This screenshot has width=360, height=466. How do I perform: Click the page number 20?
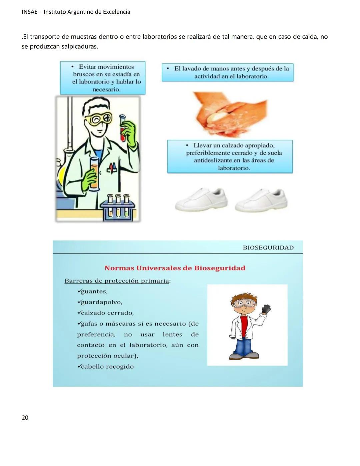tap(25, 418)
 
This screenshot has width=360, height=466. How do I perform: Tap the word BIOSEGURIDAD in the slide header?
tap(268, 248)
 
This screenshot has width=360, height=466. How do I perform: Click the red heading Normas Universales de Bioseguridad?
tap(175, 268)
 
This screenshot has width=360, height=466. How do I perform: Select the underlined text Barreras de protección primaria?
tap(117, 281)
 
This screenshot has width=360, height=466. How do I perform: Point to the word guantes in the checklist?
tap(94, 292)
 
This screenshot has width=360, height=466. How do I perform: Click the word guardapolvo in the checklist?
tap(101, 302)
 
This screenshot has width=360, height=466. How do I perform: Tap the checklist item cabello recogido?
tap(107, 367)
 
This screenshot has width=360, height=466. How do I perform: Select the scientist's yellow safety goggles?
tap(98, 118)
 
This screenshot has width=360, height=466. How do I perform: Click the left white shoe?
tap(201, 199)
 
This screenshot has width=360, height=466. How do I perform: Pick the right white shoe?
tap(261, 200)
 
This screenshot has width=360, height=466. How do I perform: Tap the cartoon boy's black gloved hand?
tap(266, 310)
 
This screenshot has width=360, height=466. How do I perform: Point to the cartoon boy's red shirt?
tap(244, 325)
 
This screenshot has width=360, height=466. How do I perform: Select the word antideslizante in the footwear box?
tap(213, 160)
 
